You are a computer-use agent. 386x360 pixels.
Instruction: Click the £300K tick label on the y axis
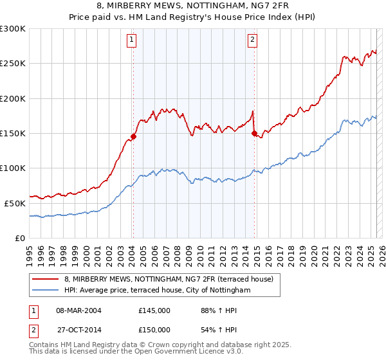point(13,29)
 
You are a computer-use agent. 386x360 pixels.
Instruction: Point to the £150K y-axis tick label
point(13,133)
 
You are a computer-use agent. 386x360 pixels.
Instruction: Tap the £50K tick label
point(15,203)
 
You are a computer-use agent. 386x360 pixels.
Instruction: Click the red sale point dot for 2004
point(134,136)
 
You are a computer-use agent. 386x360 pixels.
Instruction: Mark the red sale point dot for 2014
point(254,133)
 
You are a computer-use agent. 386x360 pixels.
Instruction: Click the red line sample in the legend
point(46,279)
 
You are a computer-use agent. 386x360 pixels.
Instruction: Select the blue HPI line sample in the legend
point(46,291)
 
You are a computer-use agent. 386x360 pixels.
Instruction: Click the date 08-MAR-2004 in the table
point(78,310)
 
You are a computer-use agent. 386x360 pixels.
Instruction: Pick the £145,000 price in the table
point(154,310)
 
